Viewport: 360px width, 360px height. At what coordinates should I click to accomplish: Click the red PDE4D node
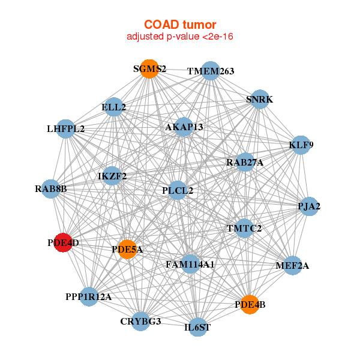tap(63, 242)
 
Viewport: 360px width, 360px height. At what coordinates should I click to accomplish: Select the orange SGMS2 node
tap(149, 69)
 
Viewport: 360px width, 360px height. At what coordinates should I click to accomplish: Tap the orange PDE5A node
tap(127, 250)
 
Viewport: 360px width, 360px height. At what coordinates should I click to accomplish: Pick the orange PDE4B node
tap(250, 305)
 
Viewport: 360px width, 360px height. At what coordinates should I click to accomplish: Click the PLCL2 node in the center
tap(178, 190)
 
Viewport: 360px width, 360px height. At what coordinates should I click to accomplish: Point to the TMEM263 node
tap(211, 71)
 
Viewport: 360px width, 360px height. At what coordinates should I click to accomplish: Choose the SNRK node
tap(259, 99)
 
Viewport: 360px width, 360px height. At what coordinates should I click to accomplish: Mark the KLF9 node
tap(301, 145)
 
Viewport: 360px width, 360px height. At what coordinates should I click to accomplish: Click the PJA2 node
tap(309, 206)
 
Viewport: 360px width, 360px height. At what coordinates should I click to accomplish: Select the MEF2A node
tap(293, 265)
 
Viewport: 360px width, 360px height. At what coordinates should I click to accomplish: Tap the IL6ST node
tap(197, 327)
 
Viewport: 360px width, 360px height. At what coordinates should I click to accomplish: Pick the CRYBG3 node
tap(141, 322)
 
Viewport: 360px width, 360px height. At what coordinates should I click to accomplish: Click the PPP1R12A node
tap(89, 296)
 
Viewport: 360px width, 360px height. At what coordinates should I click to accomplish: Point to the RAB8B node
tap(51, 189)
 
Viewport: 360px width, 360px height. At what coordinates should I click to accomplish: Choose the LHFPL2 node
tap(65, 129)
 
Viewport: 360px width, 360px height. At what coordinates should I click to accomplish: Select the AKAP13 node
tap(184, 127)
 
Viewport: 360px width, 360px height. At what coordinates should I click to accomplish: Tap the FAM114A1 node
tap(190, 264)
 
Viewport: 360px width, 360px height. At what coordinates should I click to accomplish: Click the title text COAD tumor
tap(180, 25)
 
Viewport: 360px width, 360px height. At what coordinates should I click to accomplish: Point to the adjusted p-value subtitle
tap(180, 37)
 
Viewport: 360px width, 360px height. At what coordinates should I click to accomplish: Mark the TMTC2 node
tap(244, 228)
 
